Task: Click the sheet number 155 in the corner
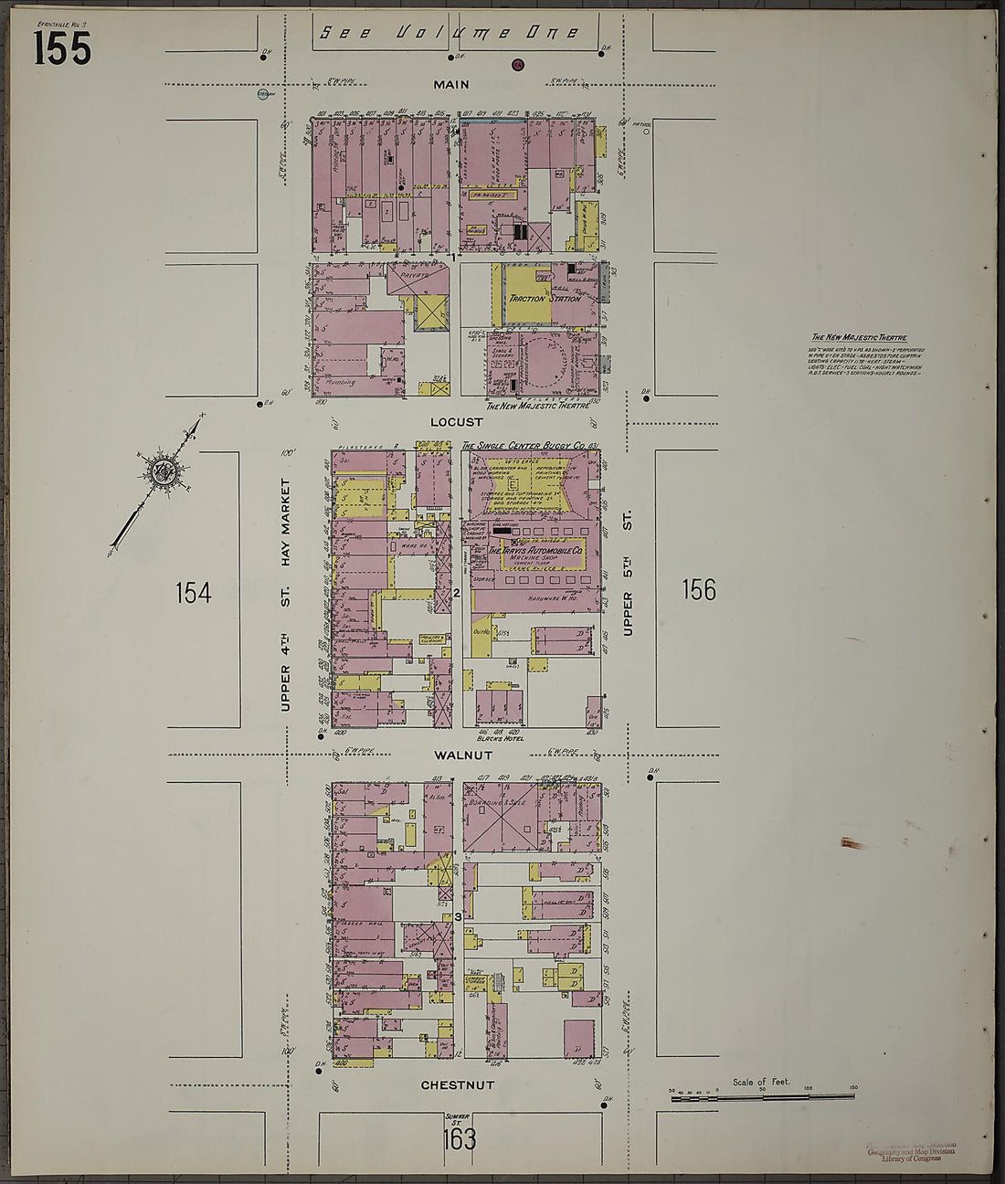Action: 62,48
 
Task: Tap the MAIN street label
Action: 451,85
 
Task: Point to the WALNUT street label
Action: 463,756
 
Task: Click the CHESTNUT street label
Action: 457,1085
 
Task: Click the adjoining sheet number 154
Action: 193,593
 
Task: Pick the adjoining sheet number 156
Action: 699,590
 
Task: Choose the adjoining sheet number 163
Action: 459,1138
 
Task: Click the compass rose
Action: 164,472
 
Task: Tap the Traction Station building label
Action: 545,298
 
